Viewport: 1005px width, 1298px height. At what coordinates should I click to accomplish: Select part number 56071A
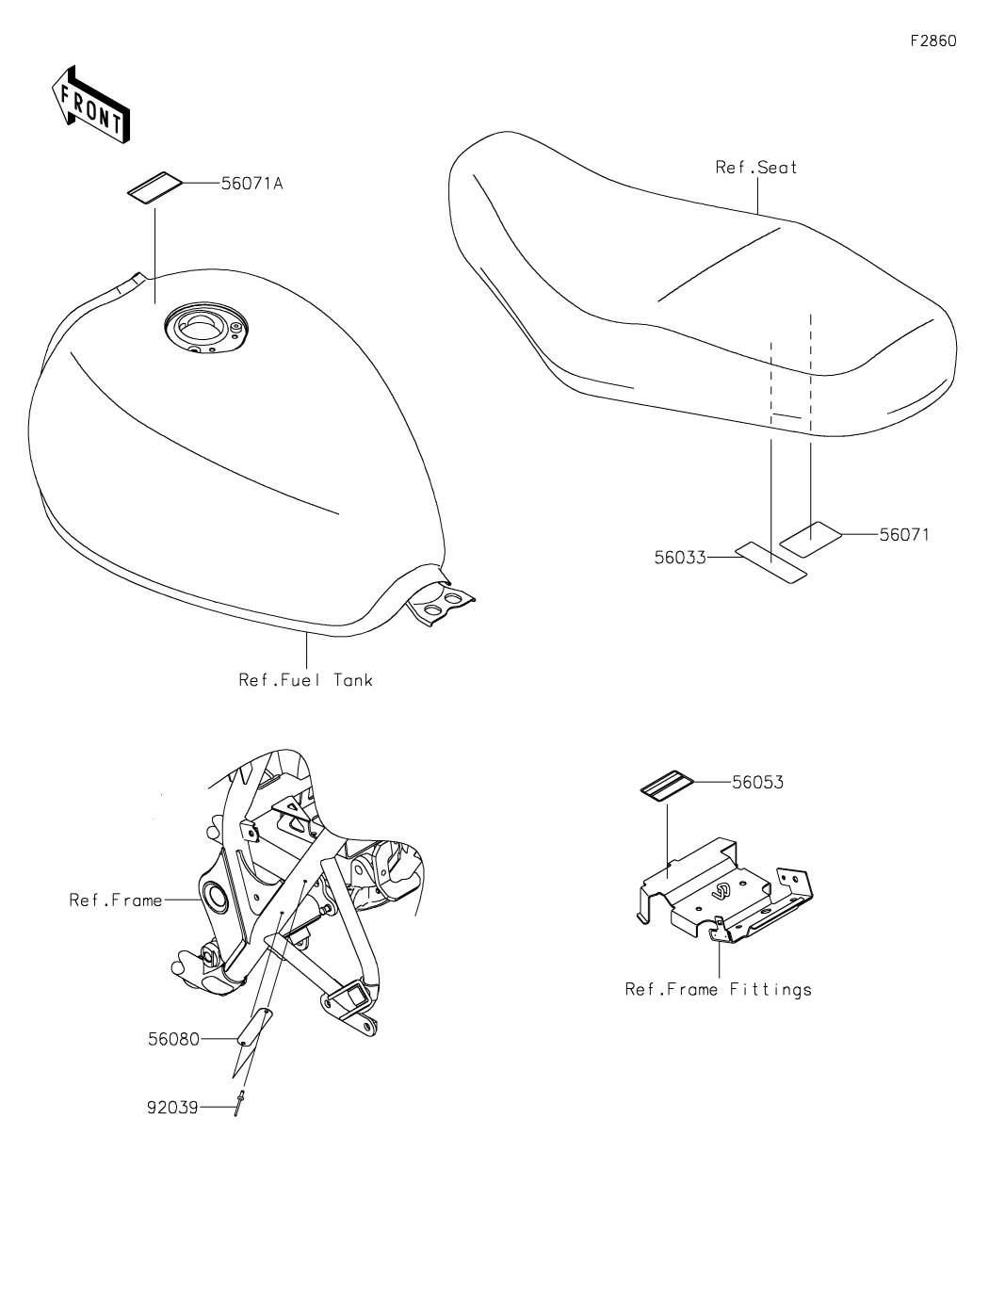(x=251, y=184)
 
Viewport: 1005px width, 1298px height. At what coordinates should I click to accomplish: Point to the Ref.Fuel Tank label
(x=305, y=679)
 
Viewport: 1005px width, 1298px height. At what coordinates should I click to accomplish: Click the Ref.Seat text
(x=756, y=168)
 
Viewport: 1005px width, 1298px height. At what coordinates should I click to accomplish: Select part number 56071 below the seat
(x=904, y=535)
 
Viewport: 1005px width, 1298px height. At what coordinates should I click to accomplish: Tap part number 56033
(x=680, y=557)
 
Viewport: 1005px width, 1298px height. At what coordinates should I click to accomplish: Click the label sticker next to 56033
(x=771, y=562)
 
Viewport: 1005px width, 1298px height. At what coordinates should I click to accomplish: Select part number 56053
(x=757, y=782)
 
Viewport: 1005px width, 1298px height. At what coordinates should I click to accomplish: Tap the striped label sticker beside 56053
(x=667, y=786)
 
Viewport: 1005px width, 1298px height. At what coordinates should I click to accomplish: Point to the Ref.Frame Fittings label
(x=718, y=989)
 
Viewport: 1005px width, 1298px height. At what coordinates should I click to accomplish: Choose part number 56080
(x=173, y=1039)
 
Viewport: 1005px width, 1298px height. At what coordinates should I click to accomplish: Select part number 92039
(x=172, y=1108)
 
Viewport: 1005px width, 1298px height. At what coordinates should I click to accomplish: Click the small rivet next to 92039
(x=242, y=1101)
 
